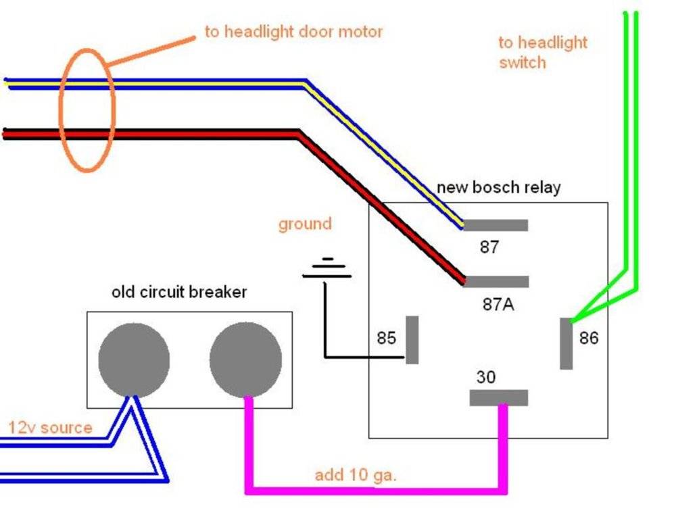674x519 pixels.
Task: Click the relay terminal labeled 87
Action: tap(496, 225)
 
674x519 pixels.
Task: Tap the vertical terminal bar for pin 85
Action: tap(412, 339)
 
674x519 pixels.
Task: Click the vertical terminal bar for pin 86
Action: tap(567, 343)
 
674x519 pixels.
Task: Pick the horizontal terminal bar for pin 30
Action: tap(498, 398)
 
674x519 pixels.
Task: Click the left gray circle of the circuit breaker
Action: tap(134, 360)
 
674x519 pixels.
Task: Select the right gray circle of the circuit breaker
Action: tap(245, 360)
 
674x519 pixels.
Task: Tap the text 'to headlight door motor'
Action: tap(293, 32)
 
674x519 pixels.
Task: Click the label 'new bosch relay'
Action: tap(498, 187)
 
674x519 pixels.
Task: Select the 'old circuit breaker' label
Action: tap(178, 292)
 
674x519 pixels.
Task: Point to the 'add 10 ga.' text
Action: tap(356, 475)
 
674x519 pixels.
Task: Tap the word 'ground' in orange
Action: tap(305, 224)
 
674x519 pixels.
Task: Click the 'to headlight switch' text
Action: tap(543, 53)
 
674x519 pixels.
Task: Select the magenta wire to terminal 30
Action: tap(375, 489)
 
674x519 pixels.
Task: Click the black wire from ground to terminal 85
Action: tap(326, 331)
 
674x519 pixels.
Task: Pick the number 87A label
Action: tap(498, 305)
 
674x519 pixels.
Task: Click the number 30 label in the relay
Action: tap(486, 377)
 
